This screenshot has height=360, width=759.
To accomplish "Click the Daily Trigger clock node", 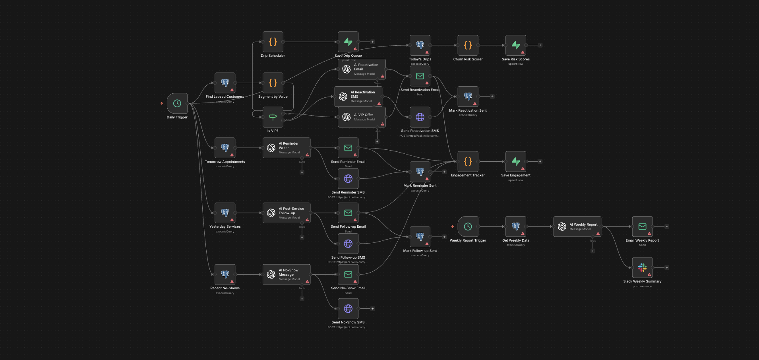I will pos(177,103).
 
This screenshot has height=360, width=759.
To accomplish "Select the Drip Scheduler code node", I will pos(273,42).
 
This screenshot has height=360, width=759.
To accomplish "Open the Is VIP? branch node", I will pos(273,117).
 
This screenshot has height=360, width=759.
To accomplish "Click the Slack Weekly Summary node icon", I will pos(642,267).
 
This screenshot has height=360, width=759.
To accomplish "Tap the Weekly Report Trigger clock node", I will pos(468,226).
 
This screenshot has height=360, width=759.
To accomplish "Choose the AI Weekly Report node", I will pos(577,226).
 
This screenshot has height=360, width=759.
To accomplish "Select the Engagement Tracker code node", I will pos(468,161).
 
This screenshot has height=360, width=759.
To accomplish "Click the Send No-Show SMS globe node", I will pos(348,308).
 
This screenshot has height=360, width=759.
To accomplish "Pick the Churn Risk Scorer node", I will pos(468,45).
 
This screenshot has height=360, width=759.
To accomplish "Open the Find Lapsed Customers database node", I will pos(225,83).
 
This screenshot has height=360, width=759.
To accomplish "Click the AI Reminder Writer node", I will pos(286,148).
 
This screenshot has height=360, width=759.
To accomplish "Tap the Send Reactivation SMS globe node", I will pos(420,117).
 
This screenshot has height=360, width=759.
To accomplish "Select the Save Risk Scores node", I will pos(515,45).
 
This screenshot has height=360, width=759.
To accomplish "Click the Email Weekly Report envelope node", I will pos(642,226).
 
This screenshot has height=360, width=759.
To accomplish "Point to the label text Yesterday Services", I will pos(225,226).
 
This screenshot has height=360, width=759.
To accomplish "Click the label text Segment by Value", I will pos(273,97).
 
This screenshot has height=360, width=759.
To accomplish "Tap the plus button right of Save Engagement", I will pos(540,161).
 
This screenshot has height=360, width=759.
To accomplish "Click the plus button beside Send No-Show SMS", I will pos(372,308).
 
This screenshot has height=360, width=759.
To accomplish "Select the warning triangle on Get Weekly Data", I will pos(523,234).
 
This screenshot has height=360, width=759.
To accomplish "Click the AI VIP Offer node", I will pos(362,117).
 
